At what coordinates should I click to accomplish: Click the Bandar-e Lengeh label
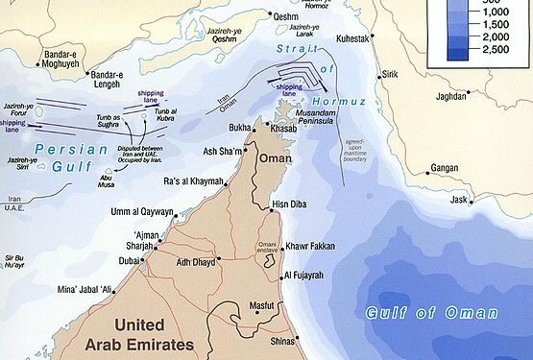(x=107, y=79)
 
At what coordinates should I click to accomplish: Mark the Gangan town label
(x=444, y=167)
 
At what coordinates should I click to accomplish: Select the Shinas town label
(x=281, y=339)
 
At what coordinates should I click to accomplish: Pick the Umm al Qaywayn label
(x=143, y=211)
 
